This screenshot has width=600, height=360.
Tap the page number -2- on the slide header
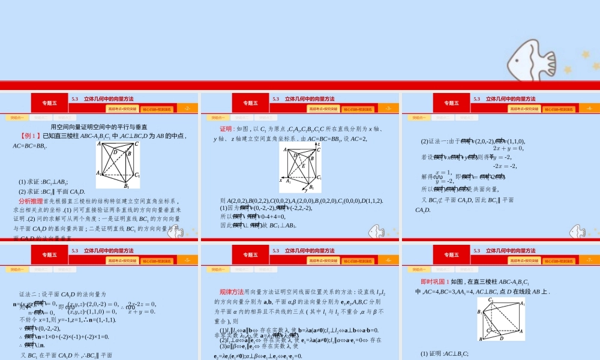click(x=188, y=109)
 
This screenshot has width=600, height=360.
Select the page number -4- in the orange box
click(x=590, y=109)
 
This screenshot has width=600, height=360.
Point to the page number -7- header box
click(x=590, y=260)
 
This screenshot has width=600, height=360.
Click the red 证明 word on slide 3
click(x=226, y=129)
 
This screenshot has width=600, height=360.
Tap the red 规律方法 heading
click(x=232, y=292)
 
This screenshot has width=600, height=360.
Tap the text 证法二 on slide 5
click(x=29, y=295)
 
